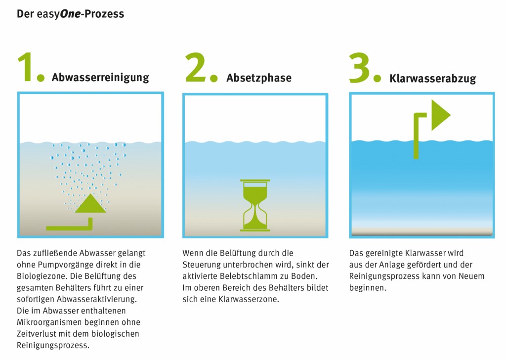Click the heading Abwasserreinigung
click(x=100, y=78)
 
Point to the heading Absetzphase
click(x=259, y=78)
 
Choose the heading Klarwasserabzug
click(x=432, y=79)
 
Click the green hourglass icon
click(x=255, y=205)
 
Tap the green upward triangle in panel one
click(x=90, y=204)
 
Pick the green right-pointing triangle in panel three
click(x=439, y=115)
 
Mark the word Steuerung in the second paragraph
click(x=201, y=265)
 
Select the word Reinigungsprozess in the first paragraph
click(x=53, y=345)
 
